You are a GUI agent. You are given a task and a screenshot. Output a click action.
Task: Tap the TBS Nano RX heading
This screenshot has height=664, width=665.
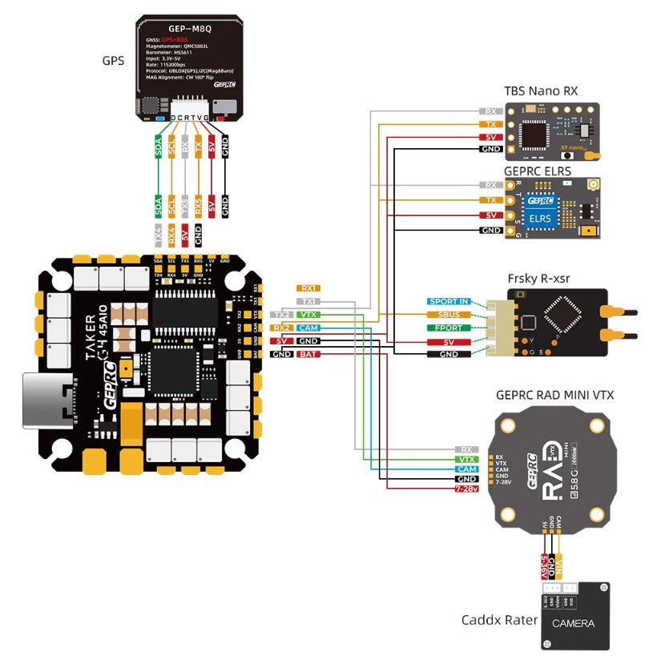tap(540, 91)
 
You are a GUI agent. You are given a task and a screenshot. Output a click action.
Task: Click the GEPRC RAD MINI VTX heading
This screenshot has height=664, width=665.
tap(554, 395)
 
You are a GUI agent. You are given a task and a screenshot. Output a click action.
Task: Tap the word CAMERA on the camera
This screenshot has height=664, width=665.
tap(573, 623)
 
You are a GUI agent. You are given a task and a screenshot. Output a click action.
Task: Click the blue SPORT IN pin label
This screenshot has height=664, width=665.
tap(449, 302)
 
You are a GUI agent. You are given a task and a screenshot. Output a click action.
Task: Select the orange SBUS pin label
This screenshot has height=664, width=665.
tap(449, 315)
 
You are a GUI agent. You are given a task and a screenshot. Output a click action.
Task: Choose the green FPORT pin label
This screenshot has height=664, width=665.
tap(449, 328)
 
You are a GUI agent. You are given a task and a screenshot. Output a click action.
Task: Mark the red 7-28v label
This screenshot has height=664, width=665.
tap(466, 489)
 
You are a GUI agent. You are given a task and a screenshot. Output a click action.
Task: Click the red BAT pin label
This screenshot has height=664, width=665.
tap(308, 353)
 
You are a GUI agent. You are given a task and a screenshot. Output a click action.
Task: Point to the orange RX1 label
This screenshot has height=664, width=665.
tap(308, 288)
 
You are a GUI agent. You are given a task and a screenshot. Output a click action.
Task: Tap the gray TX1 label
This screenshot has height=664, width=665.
tap(308, 301)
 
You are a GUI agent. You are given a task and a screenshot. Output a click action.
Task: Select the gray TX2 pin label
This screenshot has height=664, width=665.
tap(281, 315)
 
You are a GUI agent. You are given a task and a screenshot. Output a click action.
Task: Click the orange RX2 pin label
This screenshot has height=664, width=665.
tap(281, 328)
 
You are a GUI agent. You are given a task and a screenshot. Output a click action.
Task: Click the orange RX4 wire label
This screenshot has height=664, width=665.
tap(171, 235)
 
